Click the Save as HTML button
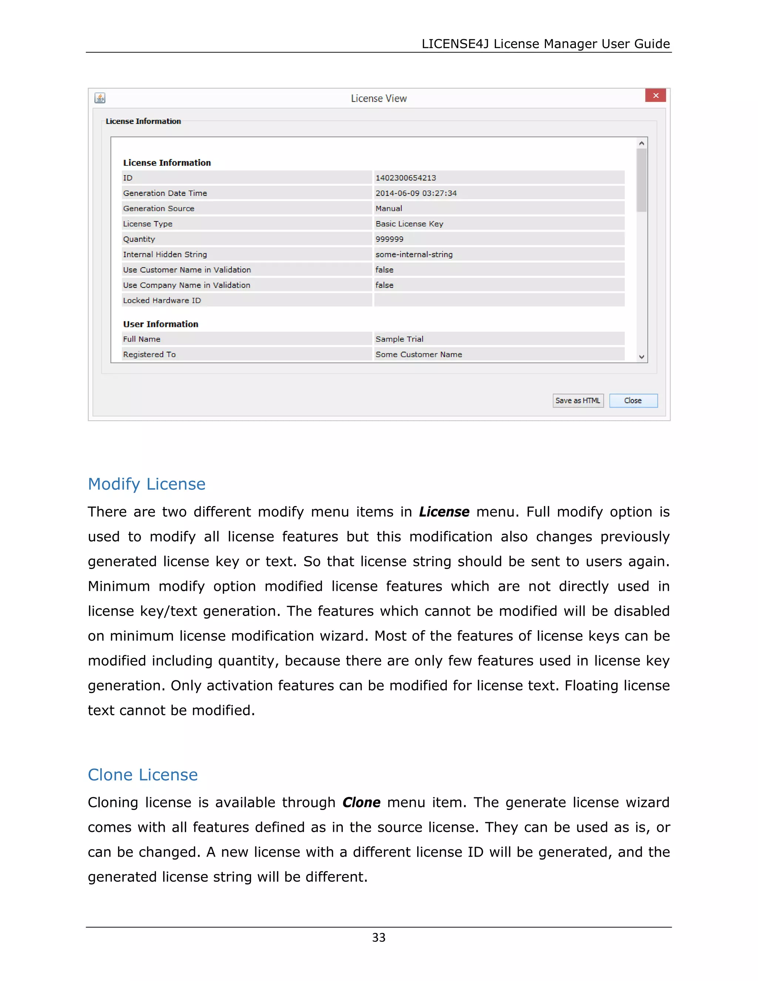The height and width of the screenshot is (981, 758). pos(577,400)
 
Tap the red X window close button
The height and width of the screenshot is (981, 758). pos(655,96)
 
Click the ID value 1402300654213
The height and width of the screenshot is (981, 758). pos(406,178)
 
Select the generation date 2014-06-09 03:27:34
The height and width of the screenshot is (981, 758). pos(416,193)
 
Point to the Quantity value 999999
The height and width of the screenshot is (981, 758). pos(389,239)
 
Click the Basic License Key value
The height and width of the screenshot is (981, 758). pos(409,224)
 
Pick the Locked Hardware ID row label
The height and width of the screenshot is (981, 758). pos(162,301)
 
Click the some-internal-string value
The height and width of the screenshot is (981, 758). pos(413,254)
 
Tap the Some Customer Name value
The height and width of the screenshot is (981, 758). pos(419,354)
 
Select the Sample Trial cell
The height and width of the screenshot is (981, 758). pos(399,339)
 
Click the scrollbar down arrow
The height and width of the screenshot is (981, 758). pos(641,356)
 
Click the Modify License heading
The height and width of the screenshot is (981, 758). pos(147,484)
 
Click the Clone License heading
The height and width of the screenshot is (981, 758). pos(142,775)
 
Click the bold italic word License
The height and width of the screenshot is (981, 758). pos(444,512)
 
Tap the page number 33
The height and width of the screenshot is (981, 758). pos(379,937)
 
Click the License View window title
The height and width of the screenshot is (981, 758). pos(379,98)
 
